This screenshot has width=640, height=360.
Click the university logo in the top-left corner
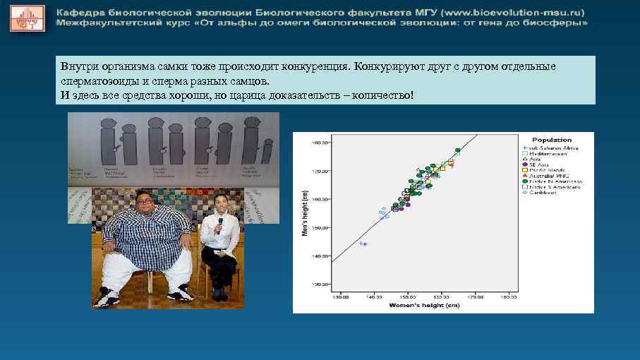[27, 18]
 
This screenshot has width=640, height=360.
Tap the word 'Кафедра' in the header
[80, 12]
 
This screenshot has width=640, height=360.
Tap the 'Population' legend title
[552, 140]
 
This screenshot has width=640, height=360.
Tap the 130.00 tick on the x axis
[341, 296]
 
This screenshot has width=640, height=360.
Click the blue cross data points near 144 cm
[363, 244]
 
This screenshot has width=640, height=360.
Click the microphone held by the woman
[219, 224]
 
